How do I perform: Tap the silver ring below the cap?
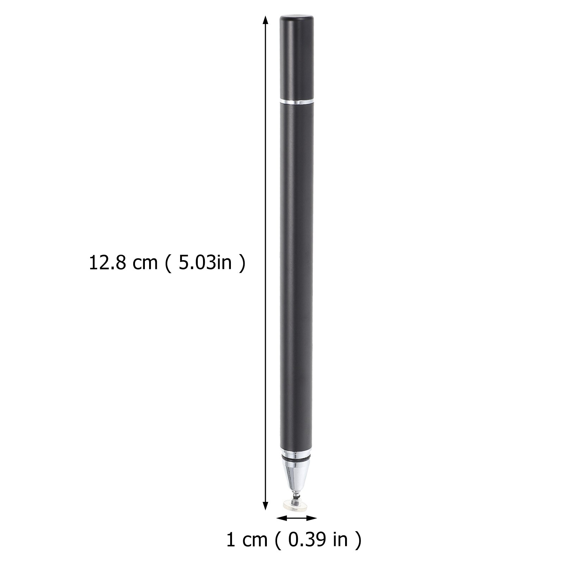pos(296,102)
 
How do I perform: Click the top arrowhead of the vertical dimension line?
pos(265,20)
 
